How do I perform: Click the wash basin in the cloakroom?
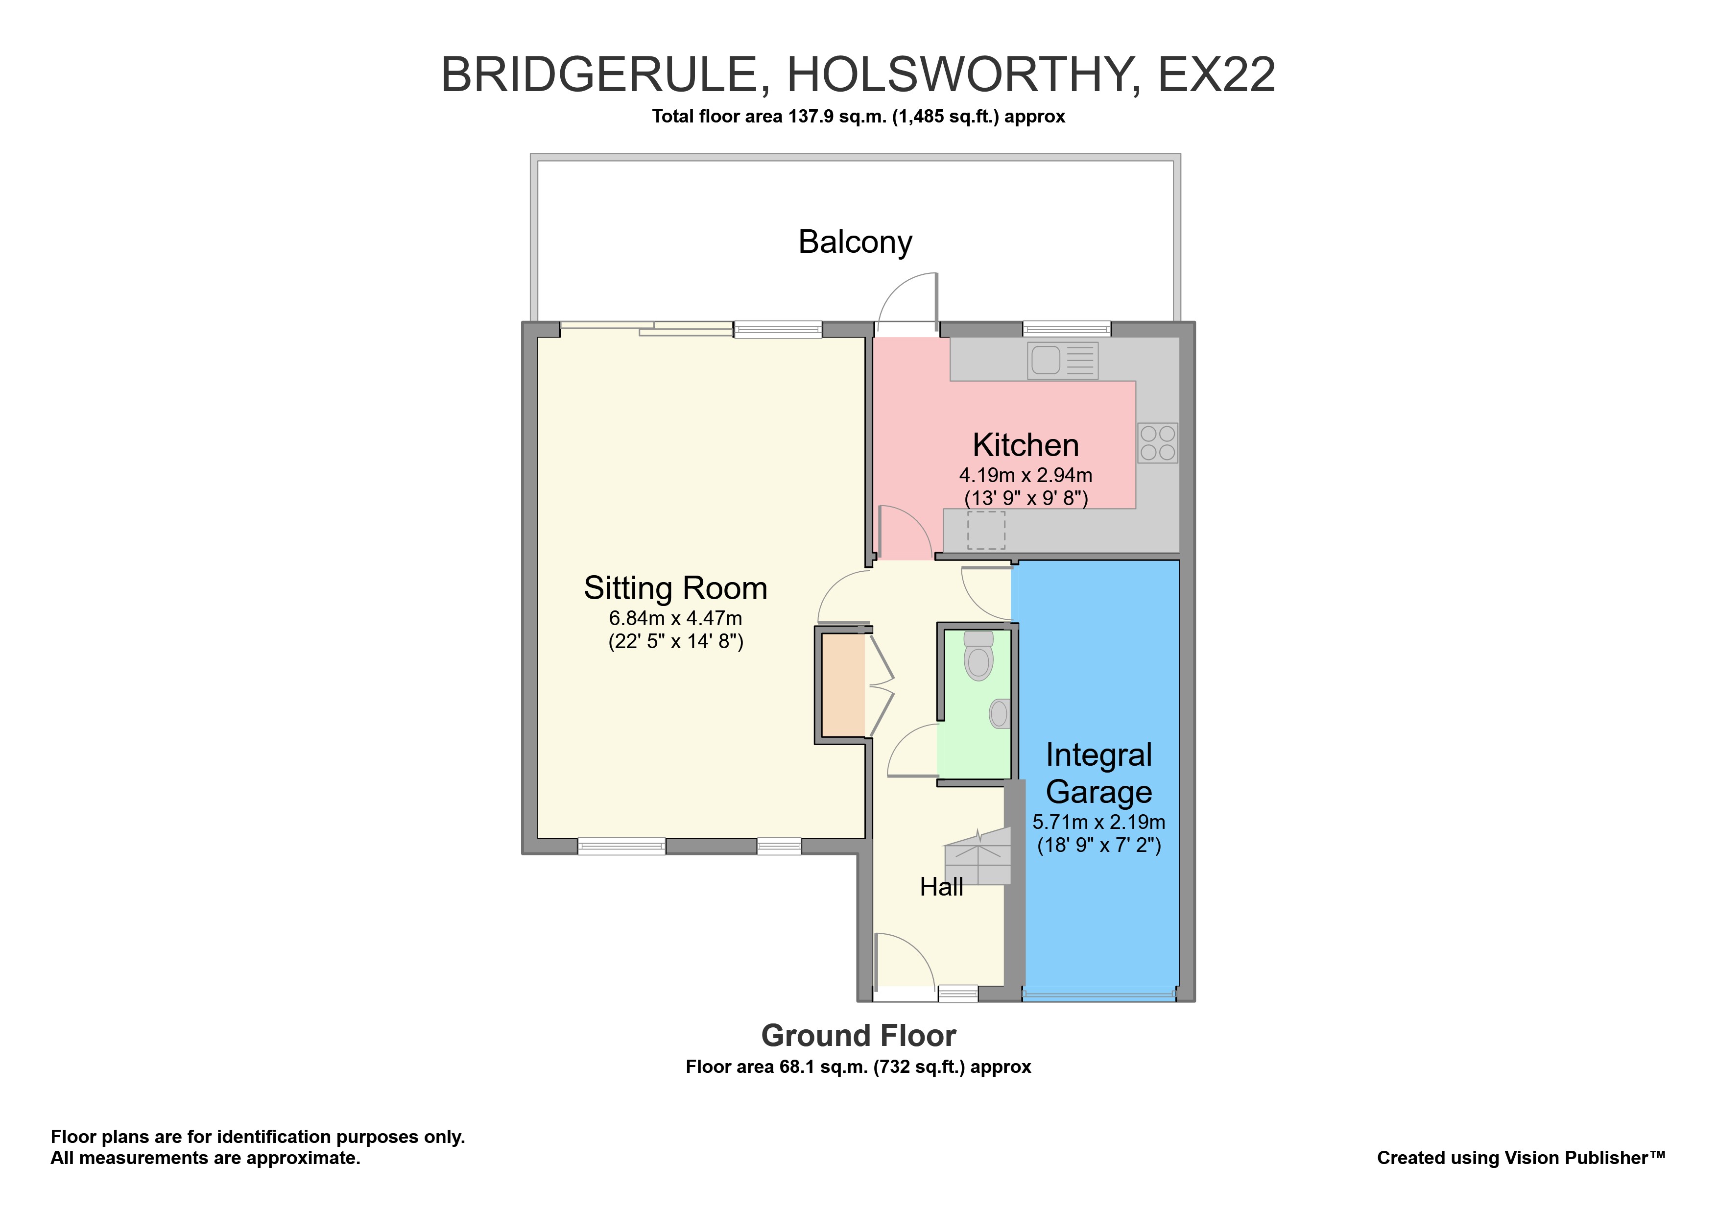[x=999, y=714]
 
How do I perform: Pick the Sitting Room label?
[x=675, y=588]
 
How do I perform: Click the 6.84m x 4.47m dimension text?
[x=675, y=619]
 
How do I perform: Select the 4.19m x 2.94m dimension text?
[x=1025, y=475]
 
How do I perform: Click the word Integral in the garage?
[x=1098, y=755]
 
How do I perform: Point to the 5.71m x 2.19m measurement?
[x=1098, y=822]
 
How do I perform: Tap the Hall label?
[x=941, y=887]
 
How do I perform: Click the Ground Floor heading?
[x=858, y=1036]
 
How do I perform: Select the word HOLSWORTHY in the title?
[x=963, y=75]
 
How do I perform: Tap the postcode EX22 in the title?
[x=1216, y=75]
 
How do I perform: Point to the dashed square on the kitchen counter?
[x=986, y=531]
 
